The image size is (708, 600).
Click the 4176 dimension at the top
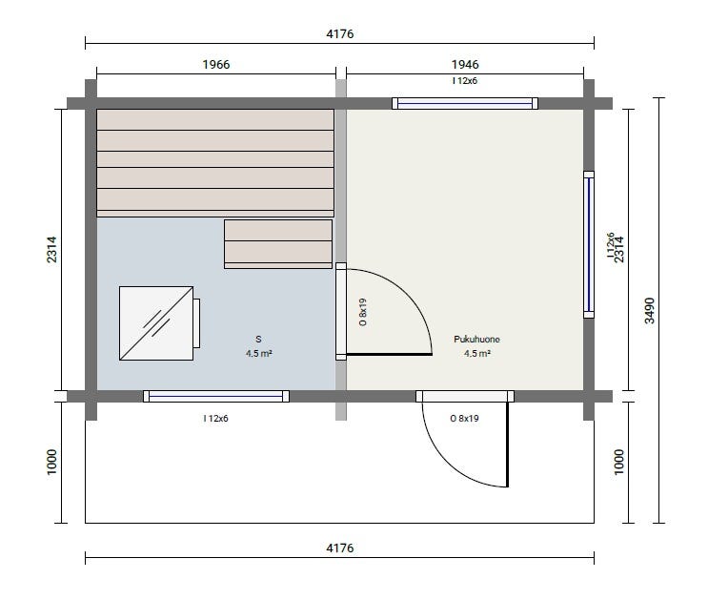pos(339,34)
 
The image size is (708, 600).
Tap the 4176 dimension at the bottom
pos(339,548)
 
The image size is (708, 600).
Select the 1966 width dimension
pos(216,64)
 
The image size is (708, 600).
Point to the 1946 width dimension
pos(465,64)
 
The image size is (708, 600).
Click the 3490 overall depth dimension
pos(649,310)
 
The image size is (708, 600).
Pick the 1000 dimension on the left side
pos(51,462)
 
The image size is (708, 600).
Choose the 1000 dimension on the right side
pos(619,462)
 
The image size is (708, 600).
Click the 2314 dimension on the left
pos(51,249)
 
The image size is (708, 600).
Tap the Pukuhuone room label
pos(476,340)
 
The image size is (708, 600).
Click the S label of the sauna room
pos(258,340)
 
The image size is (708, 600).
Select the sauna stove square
pos(156,323)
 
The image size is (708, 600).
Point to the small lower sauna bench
pos(278,244)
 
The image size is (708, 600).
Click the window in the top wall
pos(465,104)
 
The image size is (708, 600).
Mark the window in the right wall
pos(589,244)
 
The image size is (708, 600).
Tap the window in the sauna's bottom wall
pos(216,396)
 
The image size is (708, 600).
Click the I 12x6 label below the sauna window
pos(216,419)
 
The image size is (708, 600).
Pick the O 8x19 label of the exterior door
pos(464,419)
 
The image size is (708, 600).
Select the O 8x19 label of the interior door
pos(363,312)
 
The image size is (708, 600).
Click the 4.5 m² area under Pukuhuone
pos(476,354)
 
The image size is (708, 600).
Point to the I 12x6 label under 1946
pos(465,81)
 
